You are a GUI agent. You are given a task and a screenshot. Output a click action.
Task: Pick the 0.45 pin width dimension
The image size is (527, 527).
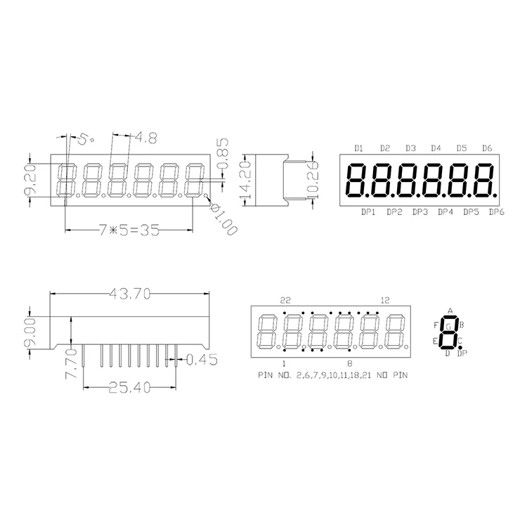tap(202, 360)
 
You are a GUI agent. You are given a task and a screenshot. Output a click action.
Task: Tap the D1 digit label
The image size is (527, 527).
tap(358, 148)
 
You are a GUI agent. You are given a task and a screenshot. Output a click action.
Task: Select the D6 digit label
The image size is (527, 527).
tap(487, 148)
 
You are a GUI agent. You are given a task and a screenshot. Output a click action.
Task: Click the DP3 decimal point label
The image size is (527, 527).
tap(420, 211)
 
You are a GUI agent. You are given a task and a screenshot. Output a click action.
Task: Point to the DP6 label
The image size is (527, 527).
tap(496, 211)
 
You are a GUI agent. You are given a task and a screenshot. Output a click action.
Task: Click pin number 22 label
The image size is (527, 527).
tap(285, 300)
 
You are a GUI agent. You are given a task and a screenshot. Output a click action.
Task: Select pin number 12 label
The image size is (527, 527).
tap(384, 300)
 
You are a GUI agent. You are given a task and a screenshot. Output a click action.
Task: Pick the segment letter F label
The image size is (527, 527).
tap(436, 325)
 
